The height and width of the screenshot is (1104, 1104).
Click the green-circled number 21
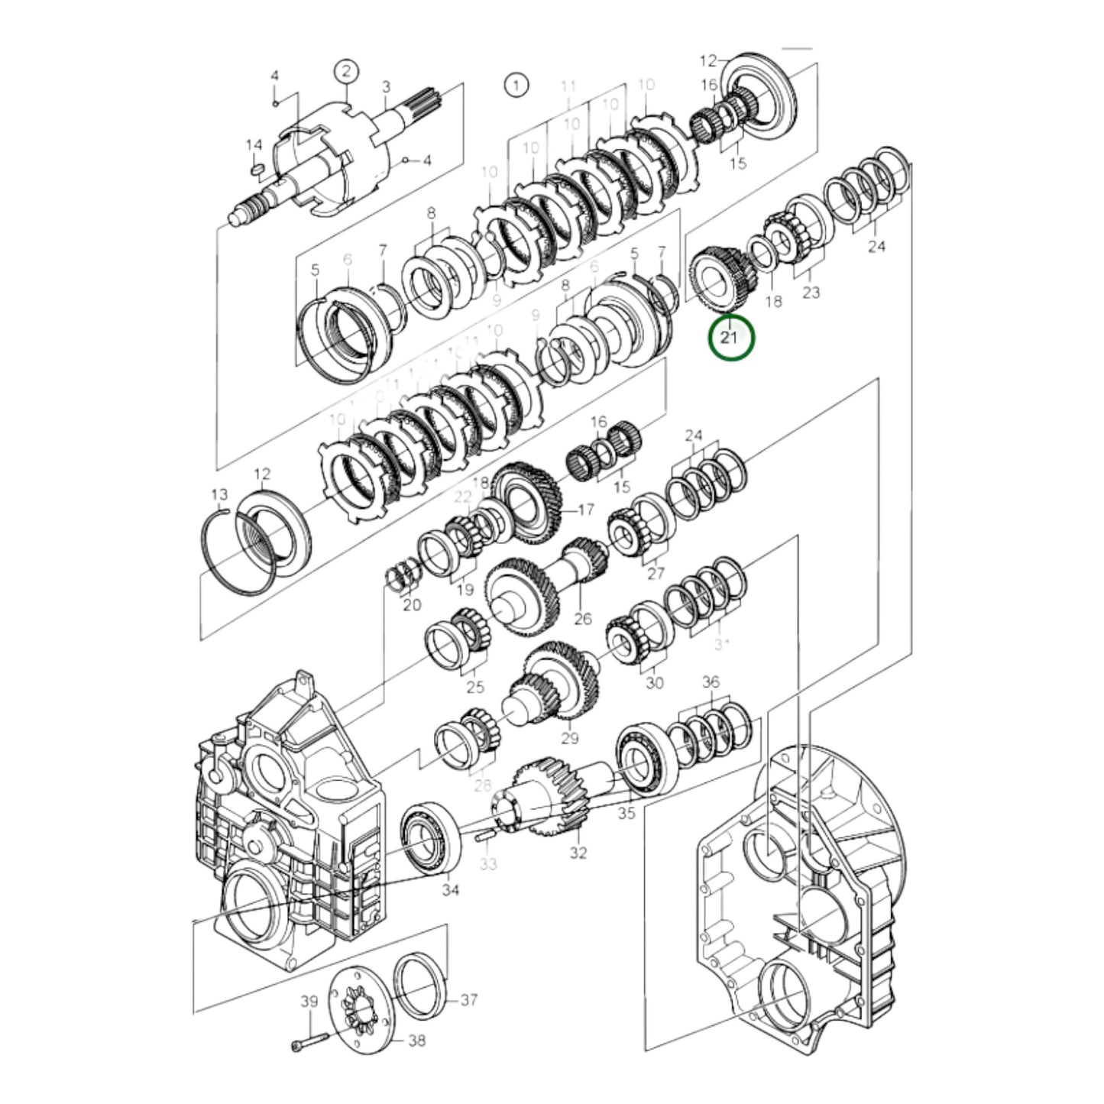[x=730, y=337]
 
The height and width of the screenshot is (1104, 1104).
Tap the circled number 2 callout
[x=346, y=72]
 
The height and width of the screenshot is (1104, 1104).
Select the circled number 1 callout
[x=516, y=84]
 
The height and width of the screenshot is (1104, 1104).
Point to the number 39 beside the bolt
[x=308, y=1002]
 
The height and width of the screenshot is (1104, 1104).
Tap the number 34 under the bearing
[x=451, y=889]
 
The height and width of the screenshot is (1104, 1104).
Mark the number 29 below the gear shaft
[x=570, y=738]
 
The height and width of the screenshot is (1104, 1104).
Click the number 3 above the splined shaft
[x=386, y=86]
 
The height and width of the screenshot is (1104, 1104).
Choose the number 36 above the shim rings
[x=711, y=682]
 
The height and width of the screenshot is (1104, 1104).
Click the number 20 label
[x=412, y=605]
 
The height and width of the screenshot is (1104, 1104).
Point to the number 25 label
[x=474, y=687]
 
